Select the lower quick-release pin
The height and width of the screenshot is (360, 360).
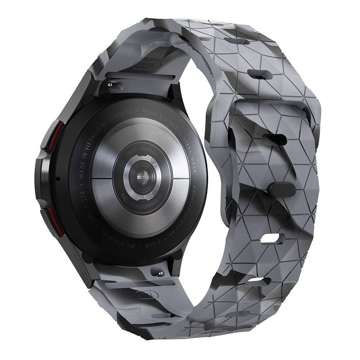(x=158, y=274)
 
